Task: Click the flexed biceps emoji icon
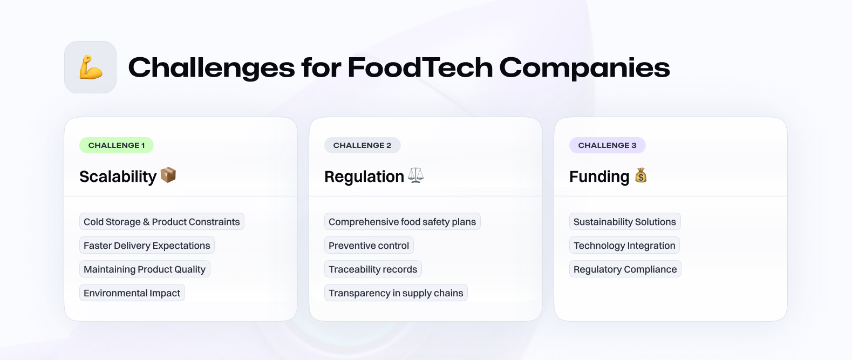click(91, 67)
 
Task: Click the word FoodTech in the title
click(420, 68)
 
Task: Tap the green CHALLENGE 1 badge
click(117, 145)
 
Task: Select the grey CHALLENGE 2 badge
click(362, 145)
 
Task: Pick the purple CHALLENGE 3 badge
click(607, 145)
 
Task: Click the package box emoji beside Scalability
click(168, 175)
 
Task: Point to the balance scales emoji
click(415, 175)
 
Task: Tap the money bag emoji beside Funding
click(641, 175)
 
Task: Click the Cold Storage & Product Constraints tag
click(162, 221)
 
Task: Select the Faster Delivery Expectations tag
click(147, 246)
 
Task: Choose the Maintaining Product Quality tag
click(145, 269)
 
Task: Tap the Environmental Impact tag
click(132, 293)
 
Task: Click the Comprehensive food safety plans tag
click(402, 221)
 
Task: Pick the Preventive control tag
click(369, 246)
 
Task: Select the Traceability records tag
click(373, 269)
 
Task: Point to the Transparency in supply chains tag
click(396, 293)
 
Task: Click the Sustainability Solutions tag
click(624, 221)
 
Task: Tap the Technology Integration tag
click(624, 246)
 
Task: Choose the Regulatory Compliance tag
click(625, 269)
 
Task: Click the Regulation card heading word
click(364, 176)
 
